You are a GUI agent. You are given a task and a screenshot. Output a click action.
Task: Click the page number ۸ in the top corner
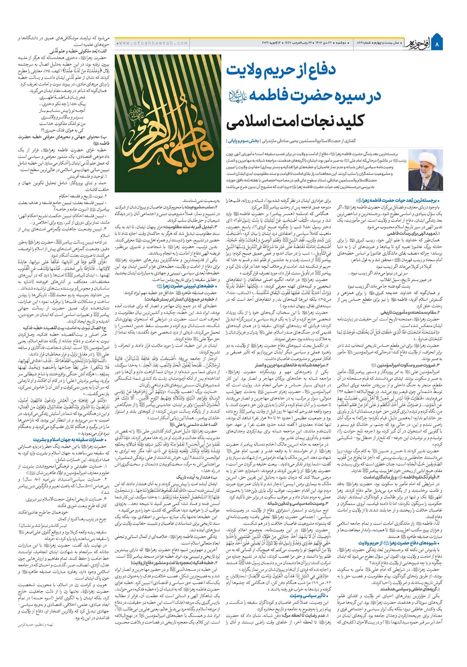pos(452,43)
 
